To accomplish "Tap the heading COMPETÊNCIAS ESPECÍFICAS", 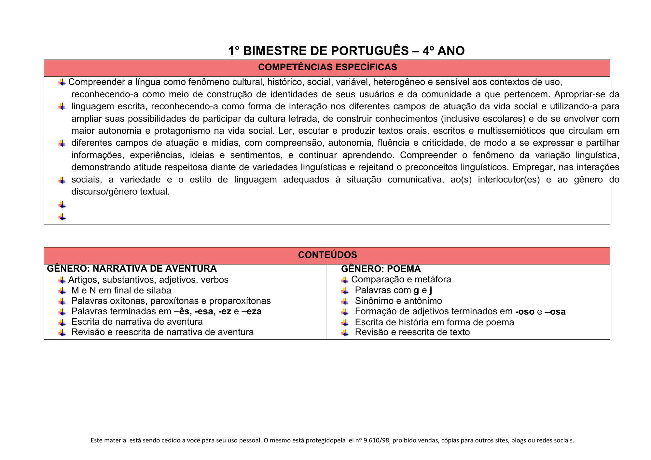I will click(327, 67).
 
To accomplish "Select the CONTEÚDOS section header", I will click(327, 255).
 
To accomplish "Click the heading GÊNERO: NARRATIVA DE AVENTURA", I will click(132, 269).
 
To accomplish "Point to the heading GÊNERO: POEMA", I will click(381, 269).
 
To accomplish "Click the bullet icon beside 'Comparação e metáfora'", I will click(345, 280).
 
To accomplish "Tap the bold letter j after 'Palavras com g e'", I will click(431, 290).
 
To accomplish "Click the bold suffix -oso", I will click(525, 312).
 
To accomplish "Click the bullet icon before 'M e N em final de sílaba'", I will click(62, 291).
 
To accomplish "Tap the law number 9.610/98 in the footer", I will click(377, 440).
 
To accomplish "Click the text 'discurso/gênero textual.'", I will click(120, 192).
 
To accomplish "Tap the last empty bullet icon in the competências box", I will click(62, 217).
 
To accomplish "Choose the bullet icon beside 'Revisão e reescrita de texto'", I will click(345, 332).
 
